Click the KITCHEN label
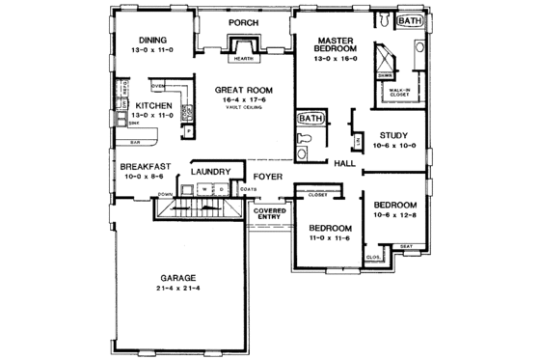pyautogui.click(x=154, y=105)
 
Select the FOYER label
pyautogui.click(x=269, y=178)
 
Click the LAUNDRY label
pyautogui.click(x=210, y=172)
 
